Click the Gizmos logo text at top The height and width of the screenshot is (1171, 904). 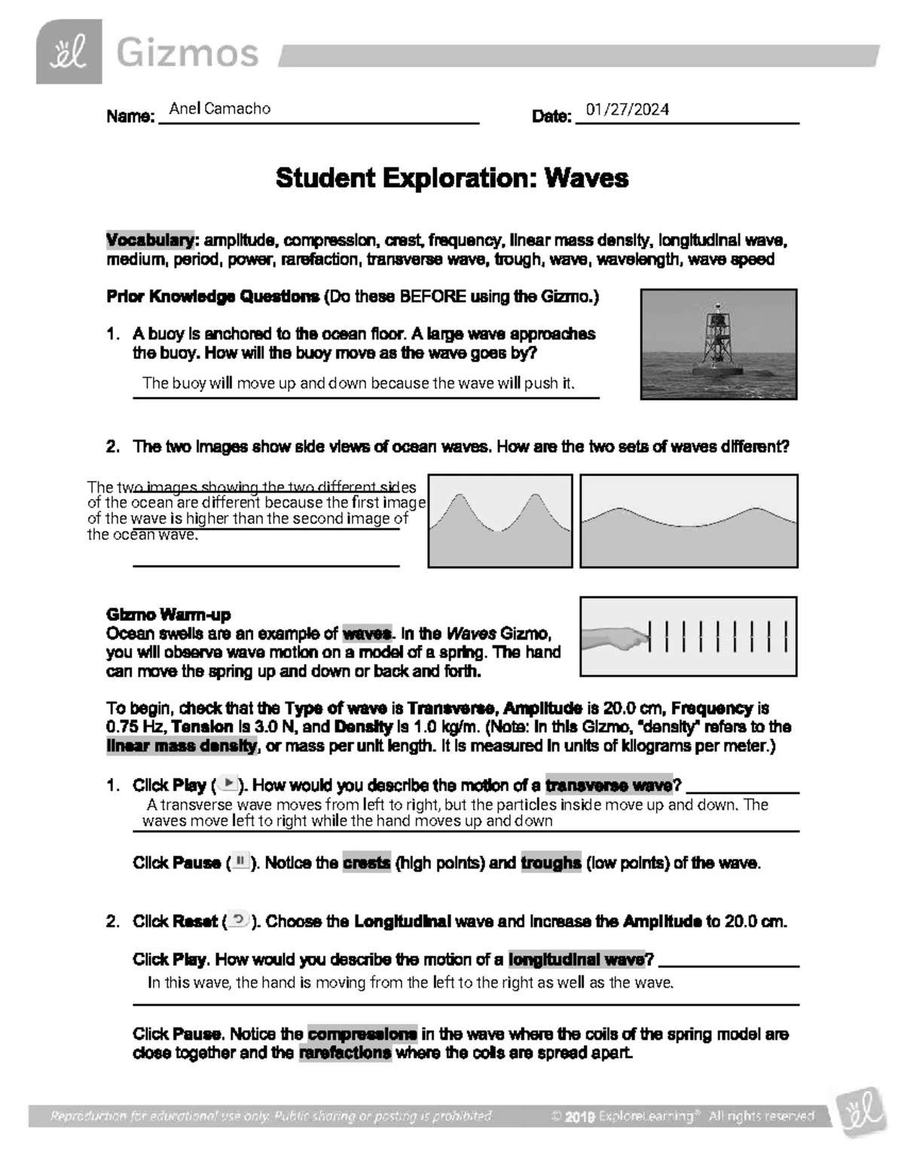[186, 54]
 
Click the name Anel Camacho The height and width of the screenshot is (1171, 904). [219, 109]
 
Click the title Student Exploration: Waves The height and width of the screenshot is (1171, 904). [451, 179]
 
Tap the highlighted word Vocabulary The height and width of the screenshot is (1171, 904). [150, 241]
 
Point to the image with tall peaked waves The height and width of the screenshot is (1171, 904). [500, 520]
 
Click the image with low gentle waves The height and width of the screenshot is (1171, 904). [689, 520]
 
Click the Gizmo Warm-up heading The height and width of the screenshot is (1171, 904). [169, 614]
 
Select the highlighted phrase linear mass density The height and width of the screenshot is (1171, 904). [182, 746]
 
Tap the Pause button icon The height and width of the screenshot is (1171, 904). [240, 862]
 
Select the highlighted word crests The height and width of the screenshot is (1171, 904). [366, 863]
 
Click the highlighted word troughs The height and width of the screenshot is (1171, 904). [551, 863]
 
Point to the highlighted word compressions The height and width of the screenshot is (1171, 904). [362, 1034]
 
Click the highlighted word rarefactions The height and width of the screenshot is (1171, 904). [345, 1053]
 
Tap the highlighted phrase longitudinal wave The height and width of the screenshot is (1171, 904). [576, 959]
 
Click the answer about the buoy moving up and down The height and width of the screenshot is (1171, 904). [358, 383]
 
